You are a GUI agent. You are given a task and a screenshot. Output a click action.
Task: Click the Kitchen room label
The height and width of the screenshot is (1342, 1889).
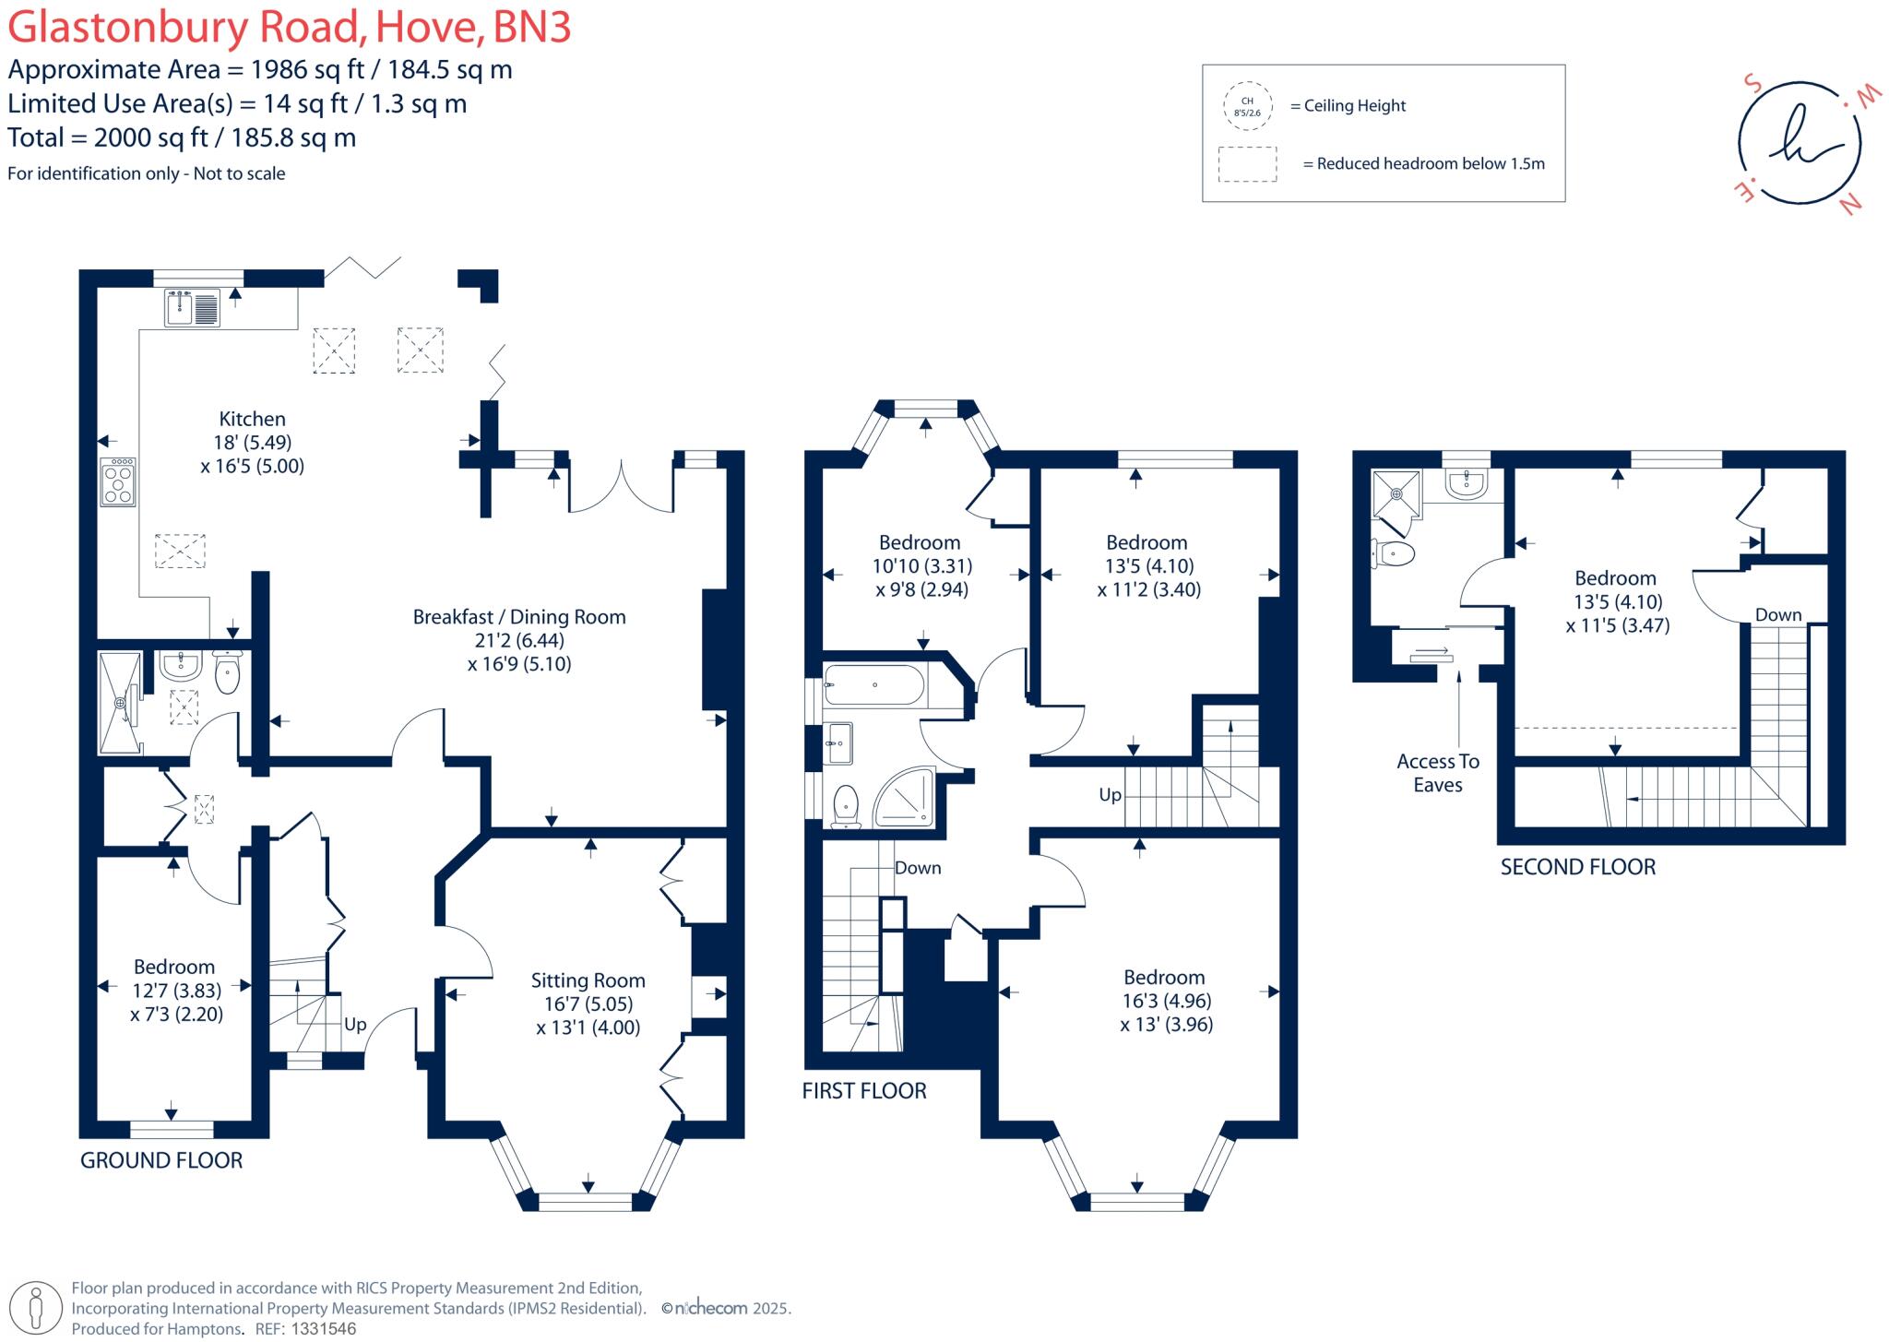click(252, 419)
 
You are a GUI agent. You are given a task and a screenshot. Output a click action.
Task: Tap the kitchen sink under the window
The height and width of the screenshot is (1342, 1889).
click(193, 308)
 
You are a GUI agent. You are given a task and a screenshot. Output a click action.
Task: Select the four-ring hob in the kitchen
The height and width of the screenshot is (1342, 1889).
click(118, 482)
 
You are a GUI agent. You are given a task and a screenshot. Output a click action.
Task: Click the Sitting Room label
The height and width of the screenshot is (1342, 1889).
click(588, 980)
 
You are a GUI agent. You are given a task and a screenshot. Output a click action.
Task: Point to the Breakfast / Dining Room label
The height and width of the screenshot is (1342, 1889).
click(519, 617)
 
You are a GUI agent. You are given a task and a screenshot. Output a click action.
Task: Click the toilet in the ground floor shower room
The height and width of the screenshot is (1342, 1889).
click(227, 673)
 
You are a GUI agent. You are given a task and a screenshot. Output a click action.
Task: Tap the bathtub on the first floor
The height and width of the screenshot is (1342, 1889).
click(873, 685)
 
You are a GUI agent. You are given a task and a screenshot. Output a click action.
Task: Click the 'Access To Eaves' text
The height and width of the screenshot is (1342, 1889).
click(1437, 773)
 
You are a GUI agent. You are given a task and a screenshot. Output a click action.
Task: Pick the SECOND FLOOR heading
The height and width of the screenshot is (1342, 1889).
click(1577, 867)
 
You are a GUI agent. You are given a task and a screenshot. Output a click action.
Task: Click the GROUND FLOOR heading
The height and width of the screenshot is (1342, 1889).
click(161, 1160)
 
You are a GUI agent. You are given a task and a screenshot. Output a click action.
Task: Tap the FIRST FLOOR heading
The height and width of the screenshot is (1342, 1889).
click(863, 1091)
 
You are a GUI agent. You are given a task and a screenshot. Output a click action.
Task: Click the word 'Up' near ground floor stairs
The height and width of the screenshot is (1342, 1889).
click(355, 1024)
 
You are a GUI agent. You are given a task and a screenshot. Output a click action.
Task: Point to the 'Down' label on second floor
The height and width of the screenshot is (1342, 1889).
click(1777, 614)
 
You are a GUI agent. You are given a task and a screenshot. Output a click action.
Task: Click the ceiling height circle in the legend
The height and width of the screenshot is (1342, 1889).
click(1247, 107)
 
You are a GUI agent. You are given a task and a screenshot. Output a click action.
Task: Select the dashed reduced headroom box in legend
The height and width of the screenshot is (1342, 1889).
click(1247, 164)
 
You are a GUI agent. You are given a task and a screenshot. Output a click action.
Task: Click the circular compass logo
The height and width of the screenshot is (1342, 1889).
click(1799, 143)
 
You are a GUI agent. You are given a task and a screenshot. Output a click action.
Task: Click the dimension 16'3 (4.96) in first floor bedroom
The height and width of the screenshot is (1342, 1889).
click(1166, 1001)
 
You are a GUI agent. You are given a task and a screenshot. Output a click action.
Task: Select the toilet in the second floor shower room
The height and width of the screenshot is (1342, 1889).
click(1394, 553)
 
